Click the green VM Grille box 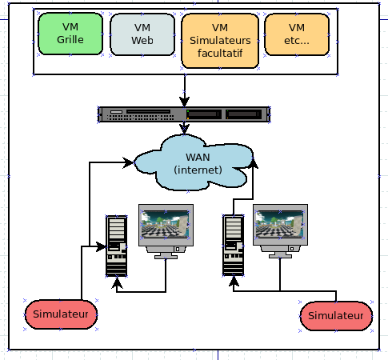point(70,34)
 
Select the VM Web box point(142,34)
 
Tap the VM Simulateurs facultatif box point(220,41)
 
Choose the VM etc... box point(297,34)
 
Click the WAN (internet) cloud point(194,162)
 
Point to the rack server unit point(184,114)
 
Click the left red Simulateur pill point(61,314)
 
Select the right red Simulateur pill point(336,316)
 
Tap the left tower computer point(116,246)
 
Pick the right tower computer point(234,245)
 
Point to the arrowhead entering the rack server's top point(185,102)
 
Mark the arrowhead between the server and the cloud point(184,130)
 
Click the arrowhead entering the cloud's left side point(128,162)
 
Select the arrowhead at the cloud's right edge point(253,162)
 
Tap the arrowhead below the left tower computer point(117,283)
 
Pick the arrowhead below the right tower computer point(234,282)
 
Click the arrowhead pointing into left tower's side point(101,246)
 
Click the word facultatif point(220,53)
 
